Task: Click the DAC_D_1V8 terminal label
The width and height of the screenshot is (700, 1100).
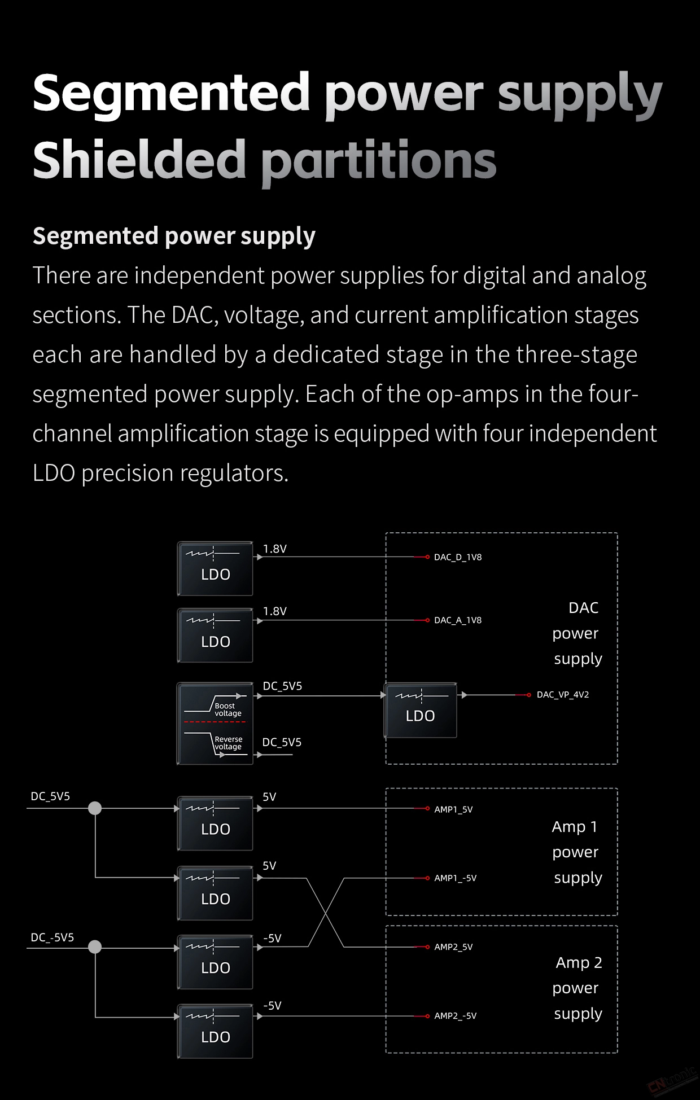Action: point(458,557)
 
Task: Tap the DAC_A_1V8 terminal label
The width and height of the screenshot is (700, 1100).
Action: point(458,620)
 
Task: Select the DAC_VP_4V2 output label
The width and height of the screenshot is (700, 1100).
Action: point(563,695)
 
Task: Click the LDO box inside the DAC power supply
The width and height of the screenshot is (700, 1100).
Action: point(421,711)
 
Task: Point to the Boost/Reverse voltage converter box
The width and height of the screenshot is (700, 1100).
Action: point(215,724)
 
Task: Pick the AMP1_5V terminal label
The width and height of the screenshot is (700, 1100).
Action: point(453,809)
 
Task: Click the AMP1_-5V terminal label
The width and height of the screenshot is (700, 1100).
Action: point(455,878)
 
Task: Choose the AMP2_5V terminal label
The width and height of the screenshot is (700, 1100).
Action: point(453,947)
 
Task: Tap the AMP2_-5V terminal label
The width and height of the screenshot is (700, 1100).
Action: point(455,1016)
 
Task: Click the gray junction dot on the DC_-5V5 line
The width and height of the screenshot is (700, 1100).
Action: point(95,946)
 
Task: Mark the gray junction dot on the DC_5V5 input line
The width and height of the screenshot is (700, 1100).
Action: point(95,808)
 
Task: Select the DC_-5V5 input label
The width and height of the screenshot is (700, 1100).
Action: point(52,937)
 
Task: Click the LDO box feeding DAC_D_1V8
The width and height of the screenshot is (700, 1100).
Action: point(215,568)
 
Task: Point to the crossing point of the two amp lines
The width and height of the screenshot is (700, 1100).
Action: point(326,913)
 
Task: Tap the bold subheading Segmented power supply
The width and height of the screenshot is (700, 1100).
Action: point(174,236)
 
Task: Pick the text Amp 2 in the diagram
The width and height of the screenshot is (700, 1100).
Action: point(579,962)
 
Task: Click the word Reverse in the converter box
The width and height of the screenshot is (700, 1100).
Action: point(229,739)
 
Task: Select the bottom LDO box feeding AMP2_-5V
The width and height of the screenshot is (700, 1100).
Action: point(215,1031)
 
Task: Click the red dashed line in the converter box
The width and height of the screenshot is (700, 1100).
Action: point(215,722)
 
